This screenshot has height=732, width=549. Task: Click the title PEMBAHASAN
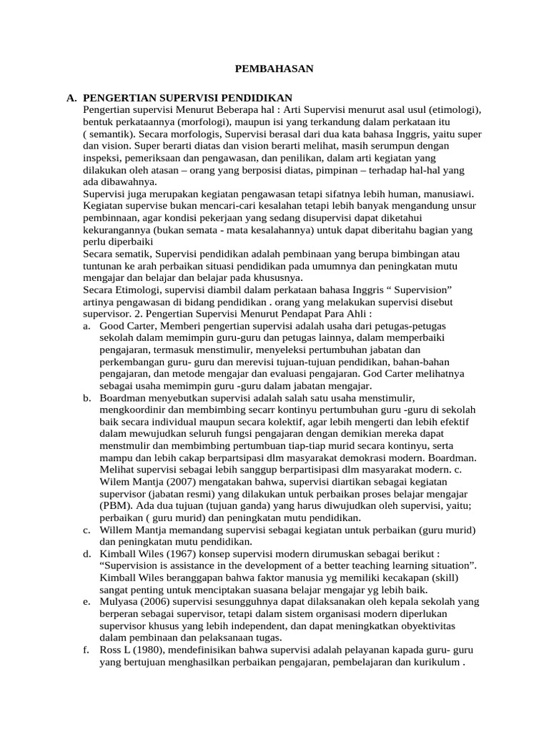[274, 69]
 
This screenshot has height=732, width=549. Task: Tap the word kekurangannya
[119, 230]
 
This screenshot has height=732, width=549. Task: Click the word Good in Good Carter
[112, 326]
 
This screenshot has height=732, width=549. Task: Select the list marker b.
[86, 397]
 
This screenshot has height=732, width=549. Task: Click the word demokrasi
[388, 457]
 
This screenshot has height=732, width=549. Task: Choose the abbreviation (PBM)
[114, 505]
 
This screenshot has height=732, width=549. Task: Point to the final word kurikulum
[435, 662]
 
